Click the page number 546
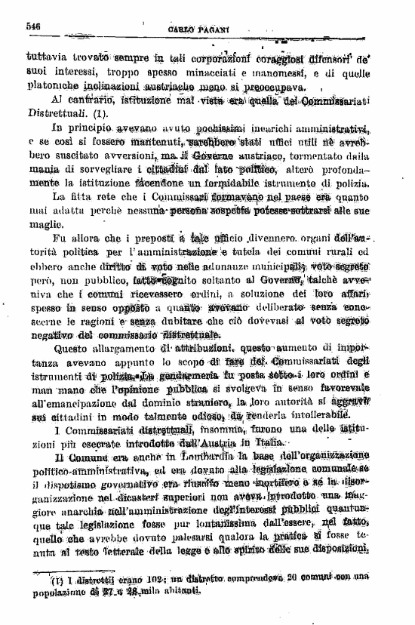pos(32,26)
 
